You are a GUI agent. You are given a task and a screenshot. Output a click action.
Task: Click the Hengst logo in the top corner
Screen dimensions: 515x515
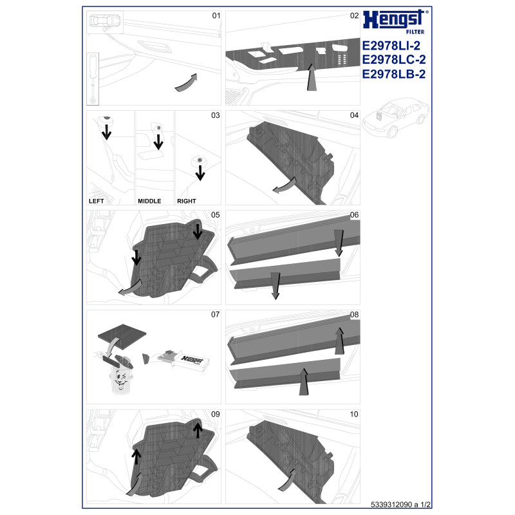[395, 22]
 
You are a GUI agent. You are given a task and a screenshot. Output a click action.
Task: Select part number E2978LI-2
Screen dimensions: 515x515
[391, 45]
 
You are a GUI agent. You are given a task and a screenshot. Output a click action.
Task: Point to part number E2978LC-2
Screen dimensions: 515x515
[394, 59]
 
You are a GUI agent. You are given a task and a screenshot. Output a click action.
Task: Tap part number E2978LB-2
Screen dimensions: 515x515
[393, 74]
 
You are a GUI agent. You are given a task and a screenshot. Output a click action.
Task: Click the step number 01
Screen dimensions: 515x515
[216, 15]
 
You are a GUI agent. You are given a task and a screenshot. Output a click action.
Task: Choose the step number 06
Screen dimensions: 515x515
[355, 215]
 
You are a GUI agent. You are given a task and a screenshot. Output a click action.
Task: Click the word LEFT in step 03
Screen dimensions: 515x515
[96, 201]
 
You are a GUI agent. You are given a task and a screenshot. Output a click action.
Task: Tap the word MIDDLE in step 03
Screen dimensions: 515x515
[149, 201]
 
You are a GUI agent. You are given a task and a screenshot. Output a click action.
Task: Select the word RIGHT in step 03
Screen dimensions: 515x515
[187, 201]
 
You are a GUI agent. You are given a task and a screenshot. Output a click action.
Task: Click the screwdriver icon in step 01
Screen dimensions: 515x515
[93, 79]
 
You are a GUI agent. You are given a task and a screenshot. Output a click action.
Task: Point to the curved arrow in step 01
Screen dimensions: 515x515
[186, 82]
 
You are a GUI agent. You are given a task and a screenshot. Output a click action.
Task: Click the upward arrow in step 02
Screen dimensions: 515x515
[312, 77]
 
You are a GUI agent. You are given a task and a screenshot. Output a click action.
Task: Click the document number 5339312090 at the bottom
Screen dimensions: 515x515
[391, 505]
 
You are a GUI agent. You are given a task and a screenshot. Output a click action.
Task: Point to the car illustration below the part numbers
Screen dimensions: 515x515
[395, 117]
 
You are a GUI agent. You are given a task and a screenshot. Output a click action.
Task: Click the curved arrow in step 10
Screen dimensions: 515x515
[286, 480]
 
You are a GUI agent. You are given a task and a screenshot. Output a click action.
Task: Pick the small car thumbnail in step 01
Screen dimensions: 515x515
[105, 22]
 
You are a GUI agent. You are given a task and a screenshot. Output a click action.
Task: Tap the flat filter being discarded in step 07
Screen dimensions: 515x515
[122, 332]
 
